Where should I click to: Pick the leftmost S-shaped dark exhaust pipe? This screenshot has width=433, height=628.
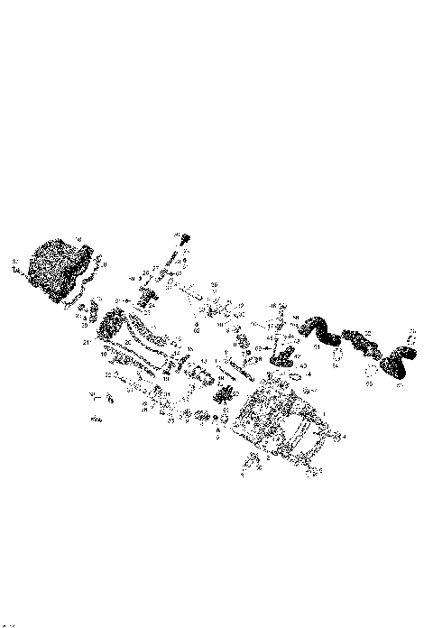317,328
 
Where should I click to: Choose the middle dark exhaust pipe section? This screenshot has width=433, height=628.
358,341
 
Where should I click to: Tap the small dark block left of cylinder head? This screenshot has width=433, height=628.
223,393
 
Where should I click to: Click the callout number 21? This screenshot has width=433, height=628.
85,343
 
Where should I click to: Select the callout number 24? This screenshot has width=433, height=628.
151,305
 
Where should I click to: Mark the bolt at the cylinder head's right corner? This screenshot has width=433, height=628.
336,436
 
